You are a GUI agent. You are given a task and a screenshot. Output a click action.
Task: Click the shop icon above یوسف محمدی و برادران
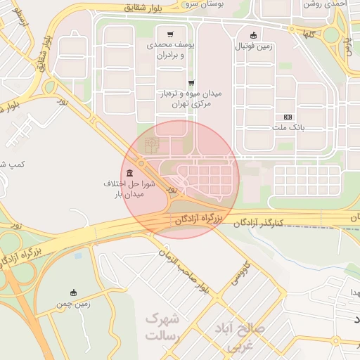coord(170,34)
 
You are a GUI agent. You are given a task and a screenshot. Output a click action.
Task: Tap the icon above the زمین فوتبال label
coord(254,36)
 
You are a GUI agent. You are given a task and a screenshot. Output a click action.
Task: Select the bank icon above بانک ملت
coord(287,117)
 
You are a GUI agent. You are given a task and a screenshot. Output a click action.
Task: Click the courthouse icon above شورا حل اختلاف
coord(129,173)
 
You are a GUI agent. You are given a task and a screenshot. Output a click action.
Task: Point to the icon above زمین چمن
coord(74,292)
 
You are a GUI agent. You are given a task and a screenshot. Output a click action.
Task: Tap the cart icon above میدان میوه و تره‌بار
coord(191,83)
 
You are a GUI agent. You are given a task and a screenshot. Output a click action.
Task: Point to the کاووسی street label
coord(239,275)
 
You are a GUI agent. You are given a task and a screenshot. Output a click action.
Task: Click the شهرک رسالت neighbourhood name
coord(163,327)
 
